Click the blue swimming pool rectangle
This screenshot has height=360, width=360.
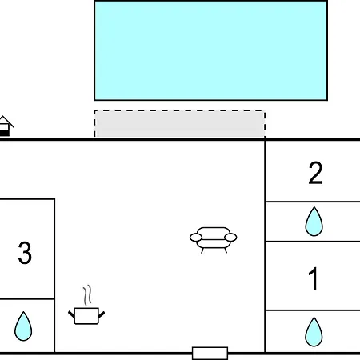tap(210, 50)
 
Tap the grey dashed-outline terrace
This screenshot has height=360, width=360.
tap(179, 123)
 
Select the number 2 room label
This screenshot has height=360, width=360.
tap(315, 173)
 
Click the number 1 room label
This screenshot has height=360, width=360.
tap(314, 278)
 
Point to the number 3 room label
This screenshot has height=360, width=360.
tap(25, 253)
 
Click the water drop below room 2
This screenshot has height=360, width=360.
tap(314, 222)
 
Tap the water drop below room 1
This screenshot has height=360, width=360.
tap(314, 331)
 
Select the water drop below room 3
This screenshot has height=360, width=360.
tap(23, 326)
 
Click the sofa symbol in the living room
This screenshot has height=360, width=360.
tap(214, 240)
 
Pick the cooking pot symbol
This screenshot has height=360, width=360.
tap(86, 316)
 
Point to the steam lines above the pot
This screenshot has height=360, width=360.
tap(87, 295)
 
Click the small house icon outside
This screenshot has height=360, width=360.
tap(6, 126)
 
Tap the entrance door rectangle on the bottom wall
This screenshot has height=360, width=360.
tap(210, 354)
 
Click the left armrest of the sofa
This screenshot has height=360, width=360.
tap(196, 238)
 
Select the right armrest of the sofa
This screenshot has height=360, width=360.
tap(230, 238)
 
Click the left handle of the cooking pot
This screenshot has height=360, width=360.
tap(71, 314)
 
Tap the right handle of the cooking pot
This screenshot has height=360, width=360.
tap(102, 314)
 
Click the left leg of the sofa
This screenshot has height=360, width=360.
tap(202, 250)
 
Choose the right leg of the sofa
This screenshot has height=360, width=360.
tap(226, 250)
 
